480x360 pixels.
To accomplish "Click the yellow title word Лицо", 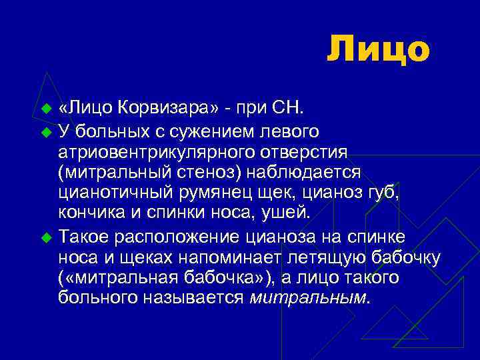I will coord(378,49).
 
